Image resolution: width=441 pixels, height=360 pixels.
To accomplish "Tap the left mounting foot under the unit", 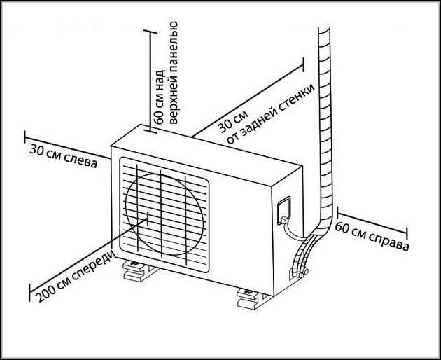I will (x=136, y=270).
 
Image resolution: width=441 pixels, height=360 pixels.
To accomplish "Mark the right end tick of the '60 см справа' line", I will (x=408, y=233).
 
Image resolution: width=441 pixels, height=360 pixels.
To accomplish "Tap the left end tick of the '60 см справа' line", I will (x=337, y=212).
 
